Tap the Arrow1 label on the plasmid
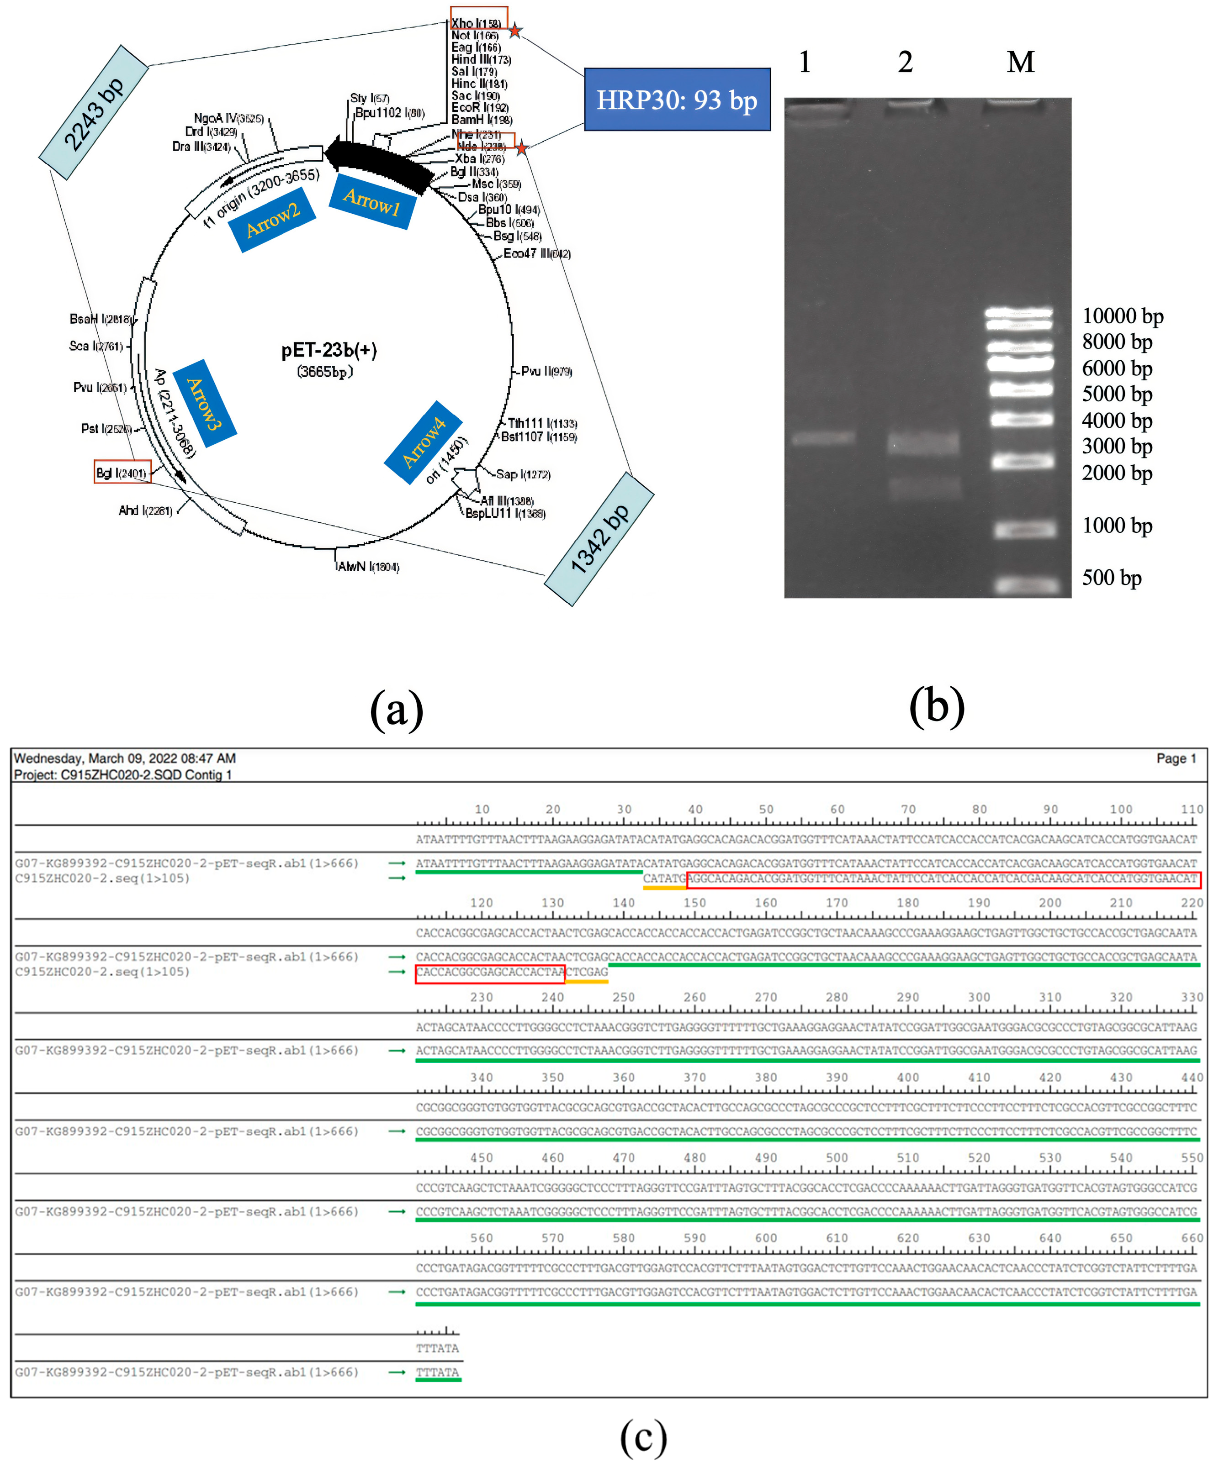click(372, 202)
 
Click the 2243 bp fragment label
click(94, 112)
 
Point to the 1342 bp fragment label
click(599, 539)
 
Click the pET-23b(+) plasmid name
click(329, 350)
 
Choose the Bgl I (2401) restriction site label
click(122, 473)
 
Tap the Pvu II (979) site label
click(546, 371)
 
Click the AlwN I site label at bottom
click(368, 566)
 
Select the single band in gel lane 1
click(823, 438)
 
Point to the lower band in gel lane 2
click(923, 487)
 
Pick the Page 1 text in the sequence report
click(1176, 758)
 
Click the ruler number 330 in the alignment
click(1192, 997)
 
